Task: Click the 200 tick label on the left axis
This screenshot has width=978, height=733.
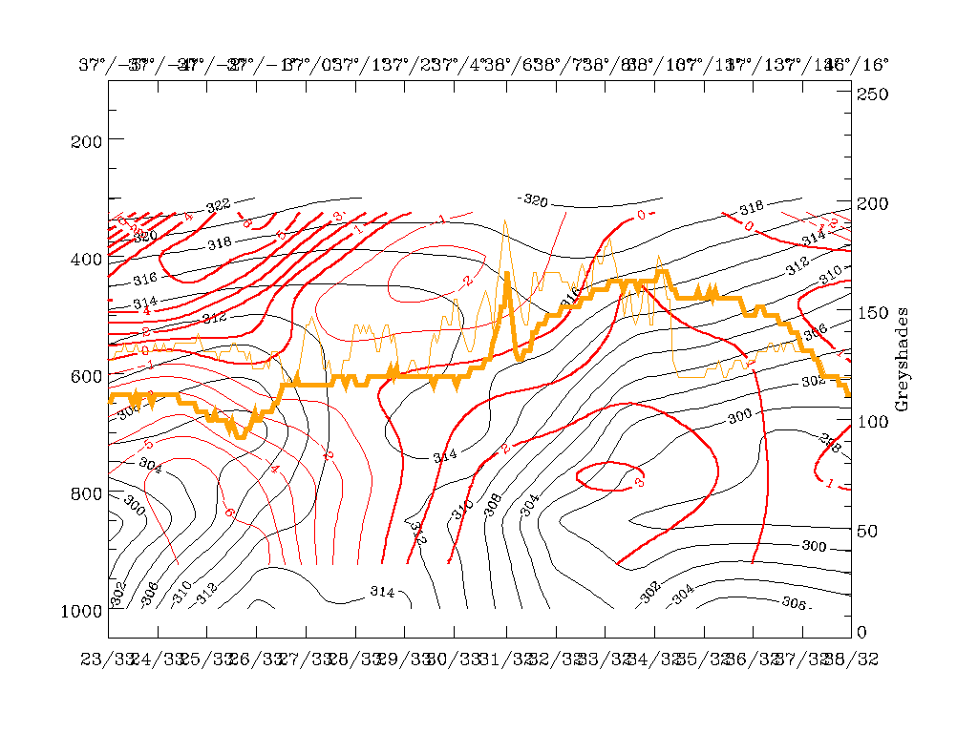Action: [86, 140]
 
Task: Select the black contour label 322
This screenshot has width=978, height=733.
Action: [219, 206]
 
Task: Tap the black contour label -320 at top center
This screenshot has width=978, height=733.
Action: [533, 200]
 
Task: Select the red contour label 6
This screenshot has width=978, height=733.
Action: [229, 513]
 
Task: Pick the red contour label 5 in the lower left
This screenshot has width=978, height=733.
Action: [147, 445]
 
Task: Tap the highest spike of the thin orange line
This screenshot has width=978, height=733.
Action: [505, 220]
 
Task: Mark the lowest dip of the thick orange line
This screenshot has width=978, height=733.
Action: [241, 436]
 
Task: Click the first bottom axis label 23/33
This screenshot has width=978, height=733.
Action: [107, 660]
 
